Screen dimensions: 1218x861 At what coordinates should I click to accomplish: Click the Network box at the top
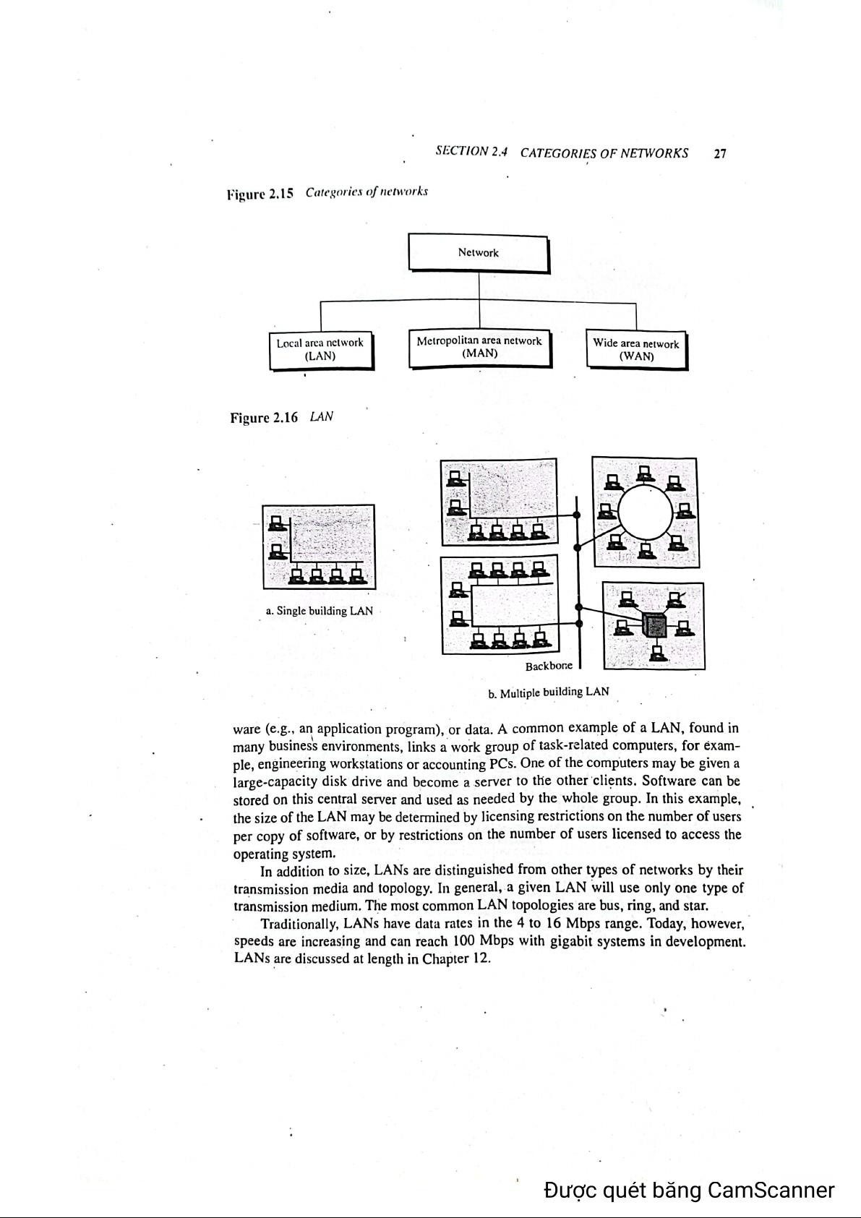479,252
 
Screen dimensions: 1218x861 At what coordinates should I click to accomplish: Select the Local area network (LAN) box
320,349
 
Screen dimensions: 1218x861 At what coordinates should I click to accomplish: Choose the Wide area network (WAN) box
636,350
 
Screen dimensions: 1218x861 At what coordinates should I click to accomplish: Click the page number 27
719,153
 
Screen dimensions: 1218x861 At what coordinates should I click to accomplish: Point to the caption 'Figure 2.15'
260,194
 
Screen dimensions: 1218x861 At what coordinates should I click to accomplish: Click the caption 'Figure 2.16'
264,418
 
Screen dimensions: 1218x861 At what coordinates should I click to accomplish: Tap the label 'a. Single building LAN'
320,611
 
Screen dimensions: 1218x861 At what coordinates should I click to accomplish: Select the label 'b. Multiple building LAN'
549,692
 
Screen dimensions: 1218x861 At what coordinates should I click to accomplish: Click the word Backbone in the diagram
549,666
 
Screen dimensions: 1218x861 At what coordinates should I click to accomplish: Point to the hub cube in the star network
655,624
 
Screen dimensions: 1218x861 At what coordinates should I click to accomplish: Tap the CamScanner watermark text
690,1190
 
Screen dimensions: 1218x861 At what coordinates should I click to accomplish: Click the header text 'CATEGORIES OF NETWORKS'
604,153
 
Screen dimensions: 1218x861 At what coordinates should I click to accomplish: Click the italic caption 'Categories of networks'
367,193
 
